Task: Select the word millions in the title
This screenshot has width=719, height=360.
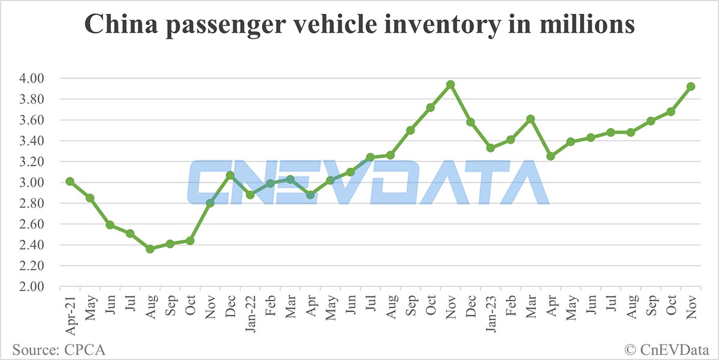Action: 584,26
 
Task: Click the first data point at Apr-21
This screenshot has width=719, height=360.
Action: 70,181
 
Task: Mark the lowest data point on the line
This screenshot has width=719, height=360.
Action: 150,249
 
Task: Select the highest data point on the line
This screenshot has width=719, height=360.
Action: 451,84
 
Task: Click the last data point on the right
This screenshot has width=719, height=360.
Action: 691,86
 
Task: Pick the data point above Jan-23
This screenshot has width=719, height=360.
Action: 491,148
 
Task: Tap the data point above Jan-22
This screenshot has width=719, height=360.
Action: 250,195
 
